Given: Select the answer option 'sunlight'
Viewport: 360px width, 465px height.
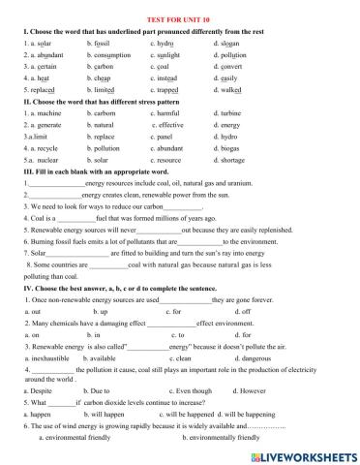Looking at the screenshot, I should coord(171,57).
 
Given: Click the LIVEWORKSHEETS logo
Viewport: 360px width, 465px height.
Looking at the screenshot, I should coord(305,454).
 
